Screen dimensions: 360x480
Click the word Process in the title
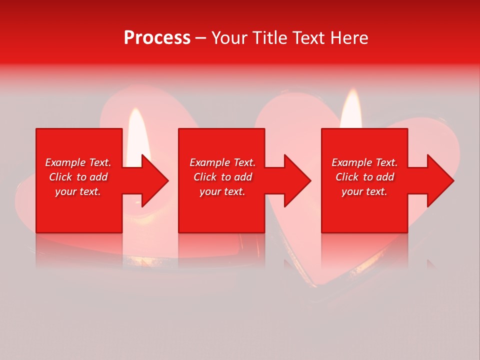tap(157, 38)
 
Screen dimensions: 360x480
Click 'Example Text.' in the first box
tap(78, 162)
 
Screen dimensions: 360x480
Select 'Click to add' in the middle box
tap(222, 177)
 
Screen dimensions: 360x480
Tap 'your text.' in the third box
tap(364, 191)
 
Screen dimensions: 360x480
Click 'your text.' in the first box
tap(78, 191)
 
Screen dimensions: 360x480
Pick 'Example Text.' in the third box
tap(364, 162)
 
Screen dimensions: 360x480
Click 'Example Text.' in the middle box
tap(222, 162)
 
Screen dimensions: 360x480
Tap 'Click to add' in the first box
tap(78, 177)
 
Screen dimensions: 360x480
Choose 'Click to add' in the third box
tap(364, 177)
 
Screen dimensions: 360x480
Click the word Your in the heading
tap(229, 38)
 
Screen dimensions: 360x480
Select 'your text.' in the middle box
tap(222, 191)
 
